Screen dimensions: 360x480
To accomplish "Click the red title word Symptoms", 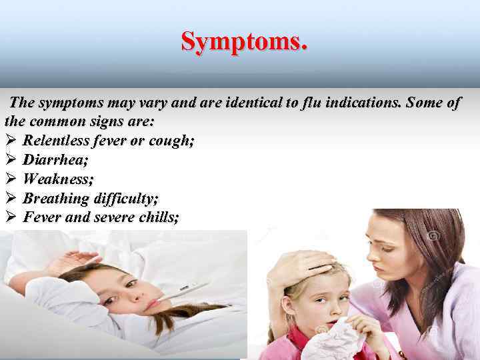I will pos(244,42).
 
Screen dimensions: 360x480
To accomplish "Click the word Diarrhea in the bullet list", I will pos(51,160).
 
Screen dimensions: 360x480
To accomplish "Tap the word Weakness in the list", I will pos(58,179).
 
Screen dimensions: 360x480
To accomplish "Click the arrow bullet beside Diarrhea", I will pos(10,160).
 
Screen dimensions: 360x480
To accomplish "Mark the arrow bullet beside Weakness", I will pos(10,179).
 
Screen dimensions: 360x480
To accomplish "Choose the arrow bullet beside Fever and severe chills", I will pos(10,217).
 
